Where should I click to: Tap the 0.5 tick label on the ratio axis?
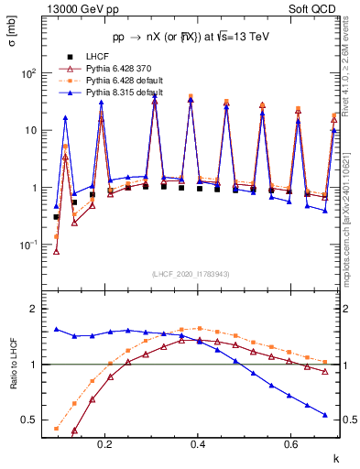click(x=30, y=420)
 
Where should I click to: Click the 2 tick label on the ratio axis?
click(x=35, y=309)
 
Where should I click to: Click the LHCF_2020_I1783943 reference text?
click(x=190, y=275)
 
